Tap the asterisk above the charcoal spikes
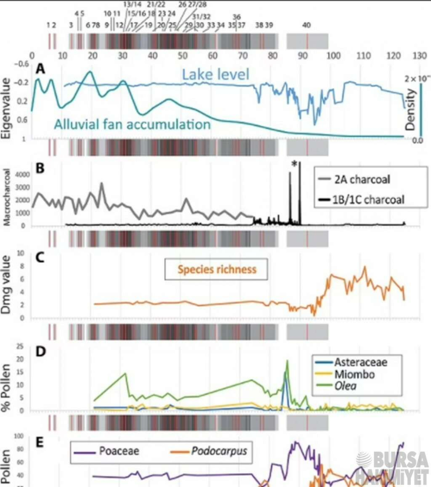point(294,165)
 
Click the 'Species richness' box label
point(217,270)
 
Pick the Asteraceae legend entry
point(361,362)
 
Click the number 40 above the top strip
point(307,25)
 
